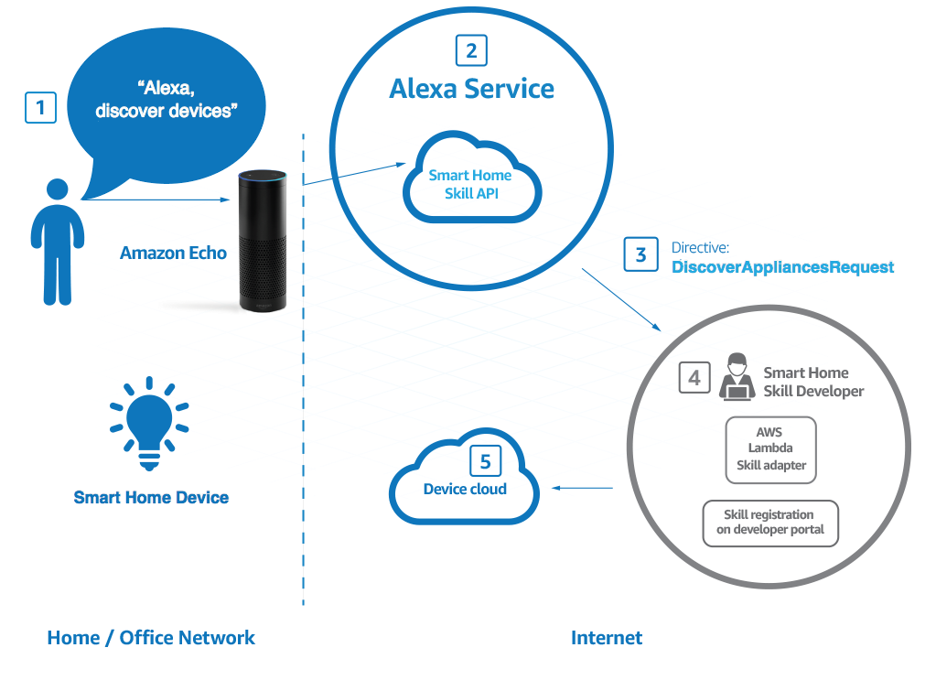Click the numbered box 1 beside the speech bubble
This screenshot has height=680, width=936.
tap(40, 108)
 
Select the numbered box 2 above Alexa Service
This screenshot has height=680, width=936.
tap(471, 50)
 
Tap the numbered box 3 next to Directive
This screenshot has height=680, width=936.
tap(640, 254)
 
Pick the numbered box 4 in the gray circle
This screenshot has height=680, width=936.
tap(694, 377)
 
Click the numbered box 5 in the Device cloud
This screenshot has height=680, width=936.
tap(486, 460)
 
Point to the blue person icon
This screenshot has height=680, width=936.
tap(57, 243)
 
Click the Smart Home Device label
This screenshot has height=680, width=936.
tap(151, 498)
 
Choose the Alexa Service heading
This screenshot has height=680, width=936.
tap(471, 89)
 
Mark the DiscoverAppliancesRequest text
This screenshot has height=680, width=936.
tap(782, 267)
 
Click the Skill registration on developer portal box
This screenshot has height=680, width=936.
tap(769, 523)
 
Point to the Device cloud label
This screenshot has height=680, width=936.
tap(465, 490)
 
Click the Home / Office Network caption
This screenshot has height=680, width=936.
tap(151, 638)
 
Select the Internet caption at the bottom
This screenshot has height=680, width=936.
tap(606, 638)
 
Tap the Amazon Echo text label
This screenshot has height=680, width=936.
tap(173, 253)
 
